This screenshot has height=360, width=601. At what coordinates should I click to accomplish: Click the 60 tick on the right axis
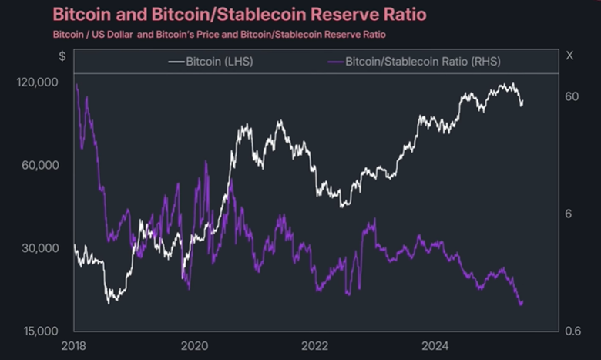(572, 96)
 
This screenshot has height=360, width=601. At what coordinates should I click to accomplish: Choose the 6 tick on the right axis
(569, 214)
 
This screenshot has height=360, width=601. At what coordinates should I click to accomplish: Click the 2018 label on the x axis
(75, 347)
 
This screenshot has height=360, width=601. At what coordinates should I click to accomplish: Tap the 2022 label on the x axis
(317, 347)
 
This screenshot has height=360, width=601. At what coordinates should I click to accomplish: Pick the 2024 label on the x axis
(437, 347)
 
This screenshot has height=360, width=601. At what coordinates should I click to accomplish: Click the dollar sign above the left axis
(62, 56)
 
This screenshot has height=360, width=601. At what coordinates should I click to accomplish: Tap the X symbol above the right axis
(569, 56)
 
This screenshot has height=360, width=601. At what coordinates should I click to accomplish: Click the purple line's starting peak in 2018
(76, 85)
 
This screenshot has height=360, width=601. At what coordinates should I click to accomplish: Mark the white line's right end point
(523, 103)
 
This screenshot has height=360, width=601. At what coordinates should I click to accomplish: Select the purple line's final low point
(522, 304)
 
